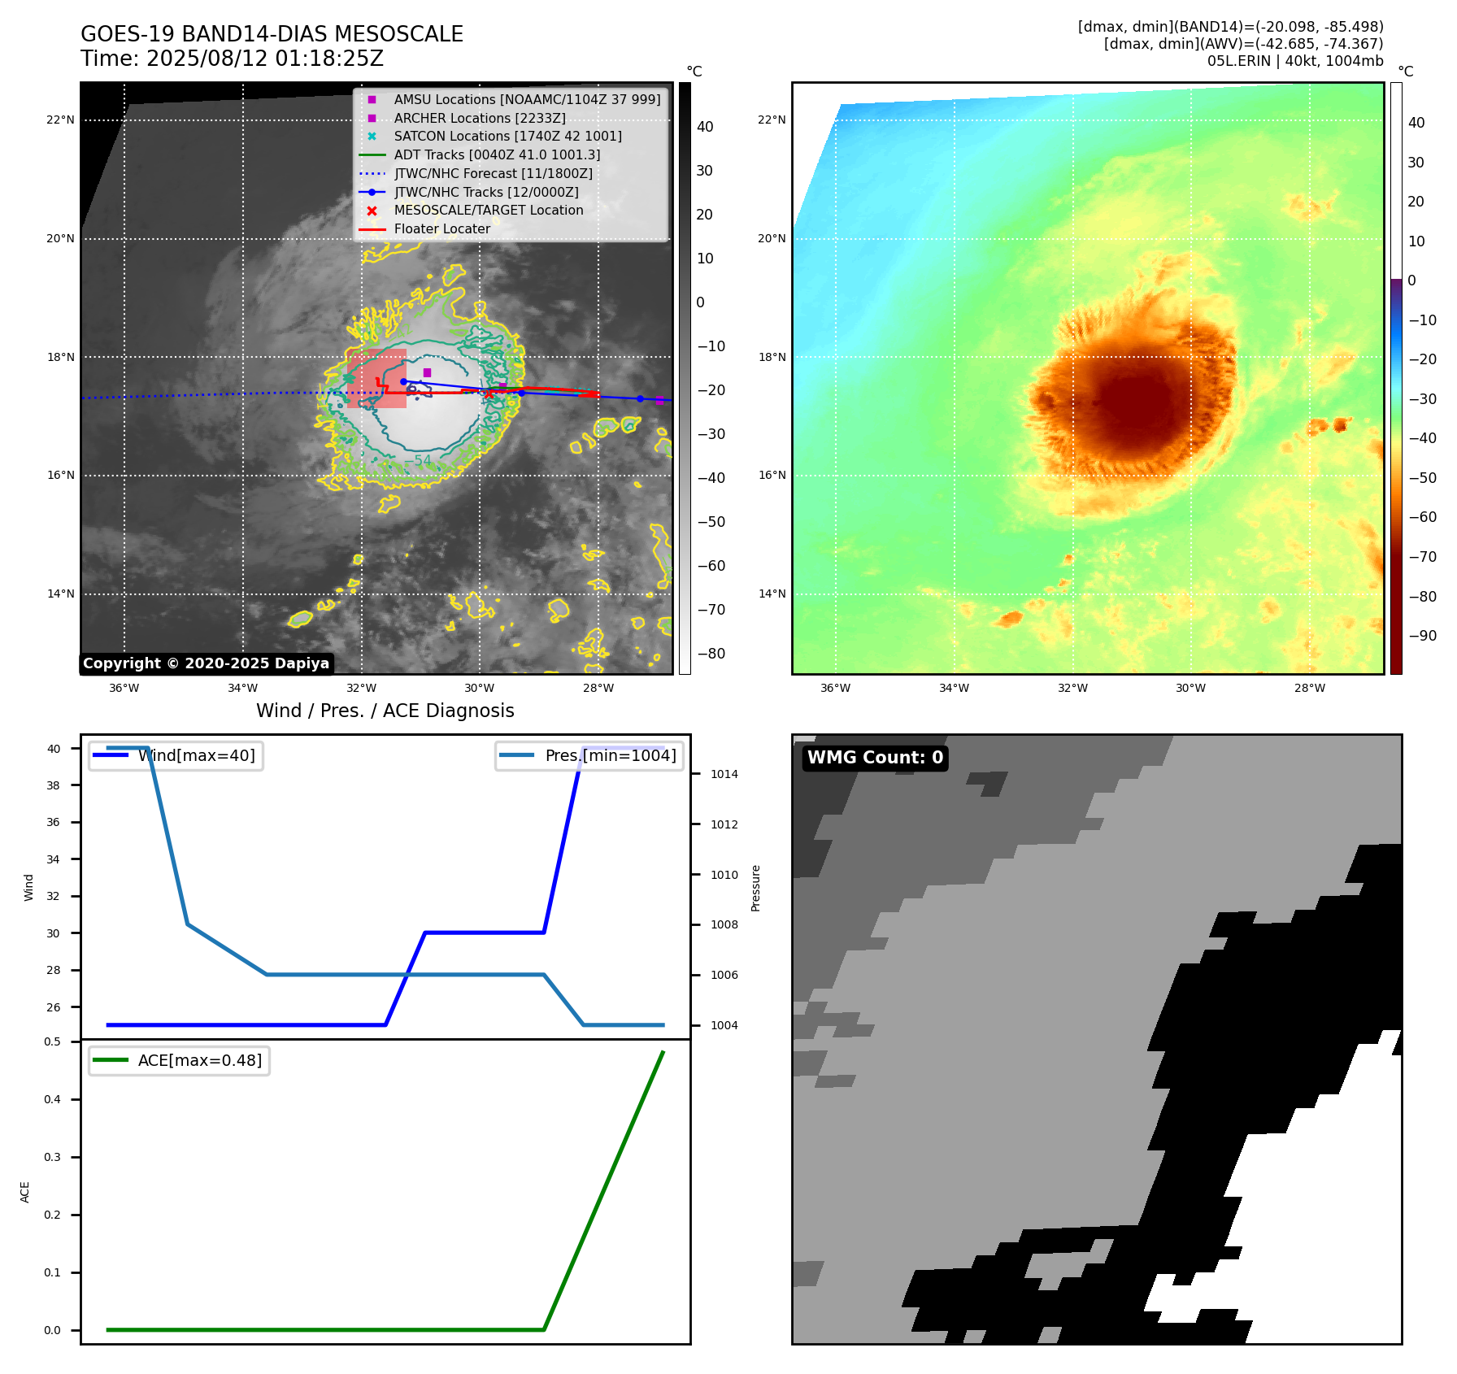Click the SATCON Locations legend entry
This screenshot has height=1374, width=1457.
click(507, 137)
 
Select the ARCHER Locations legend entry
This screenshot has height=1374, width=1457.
click(480, 118)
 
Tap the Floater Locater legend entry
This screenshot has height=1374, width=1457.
click(441, 229)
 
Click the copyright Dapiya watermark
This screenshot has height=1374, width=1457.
click(206, 663)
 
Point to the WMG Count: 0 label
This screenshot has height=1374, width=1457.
click(875, 758)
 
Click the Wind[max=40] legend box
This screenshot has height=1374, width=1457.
click(176, 756)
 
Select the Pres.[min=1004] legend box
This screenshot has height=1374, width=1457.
click(589, 756)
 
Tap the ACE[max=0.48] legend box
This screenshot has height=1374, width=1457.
click(179, 1061)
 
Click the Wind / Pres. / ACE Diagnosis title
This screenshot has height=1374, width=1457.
click(385, 711)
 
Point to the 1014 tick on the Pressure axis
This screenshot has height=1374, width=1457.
click(724, 775)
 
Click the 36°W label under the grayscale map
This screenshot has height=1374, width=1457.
click(124, 689)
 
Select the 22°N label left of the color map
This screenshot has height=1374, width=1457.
click(772, 120)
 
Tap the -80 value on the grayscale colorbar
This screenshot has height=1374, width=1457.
click(711, 654)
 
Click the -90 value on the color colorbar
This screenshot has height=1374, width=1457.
click(1422, 636)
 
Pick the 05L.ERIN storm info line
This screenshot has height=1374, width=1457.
click(1294, 62)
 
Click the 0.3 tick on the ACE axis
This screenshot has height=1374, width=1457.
click(52, 1158)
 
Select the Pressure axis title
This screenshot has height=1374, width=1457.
click(756, 888)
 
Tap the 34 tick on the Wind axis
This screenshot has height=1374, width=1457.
click(53, 859)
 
